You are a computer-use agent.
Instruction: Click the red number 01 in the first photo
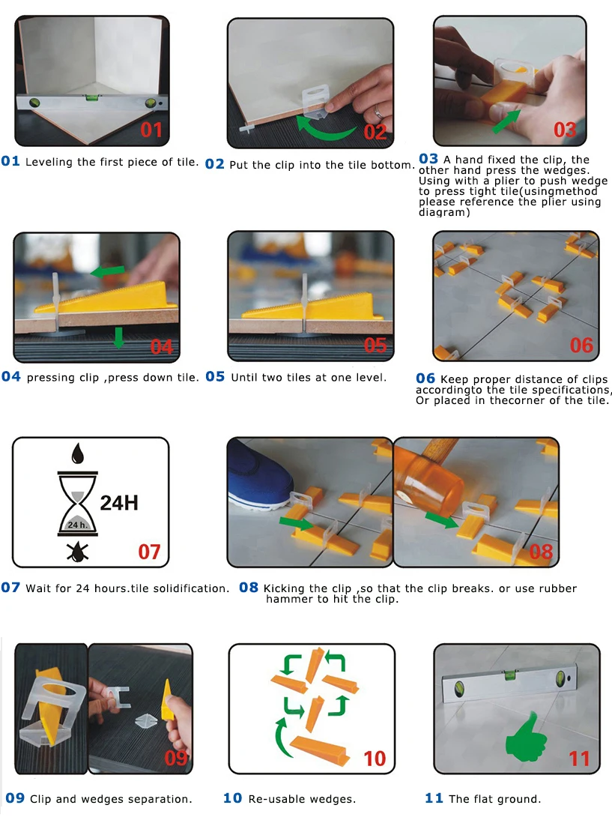[151, 130]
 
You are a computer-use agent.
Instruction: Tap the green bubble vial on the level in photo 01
[92, 97]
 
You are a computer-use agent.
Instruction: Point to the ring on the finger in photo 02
[378, 112]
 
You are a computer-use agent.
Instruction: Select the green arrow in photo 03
[507, 121]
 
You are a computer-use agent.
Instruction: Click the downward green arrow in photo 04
[118, 337]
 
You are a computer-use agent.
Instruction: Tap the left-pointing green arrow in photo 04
[108, 271]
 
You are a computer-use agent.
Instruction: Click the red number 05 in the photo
[375, 345]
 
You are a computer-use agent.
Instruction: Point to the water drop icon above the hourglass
[78, 453]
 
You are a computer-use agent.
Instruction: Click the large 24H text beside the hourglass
[119, 503]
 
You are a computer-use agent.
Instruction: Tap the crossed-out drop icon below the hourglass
[78, 552]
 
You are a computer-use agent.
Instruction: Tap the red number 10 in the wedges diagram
[375, 759]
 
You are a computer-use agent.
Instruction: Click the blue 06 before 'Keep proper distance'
[425, 379]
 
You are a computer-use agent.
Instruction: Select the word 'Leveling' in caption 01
[49, 162]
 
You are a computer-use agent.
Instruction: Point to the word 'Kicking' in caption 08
[283, 588]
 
